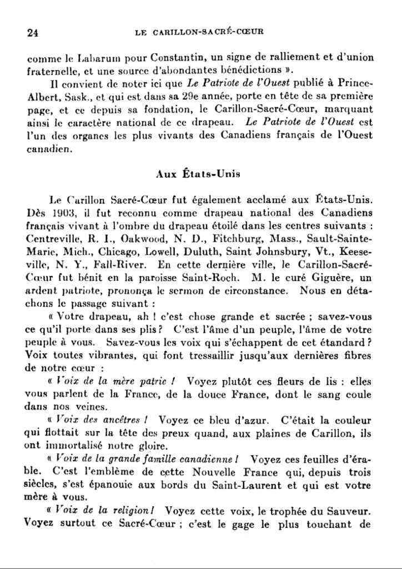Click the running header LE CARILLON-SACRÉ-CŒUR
coord(199,32)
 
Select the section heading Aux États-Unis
coord(198,173)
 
